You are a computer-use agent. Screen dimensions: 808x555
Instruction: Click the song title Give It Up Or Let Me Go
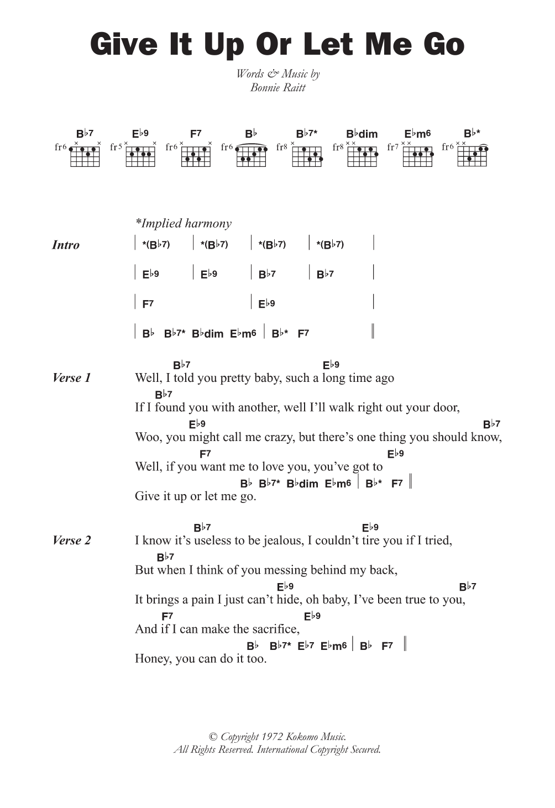277,45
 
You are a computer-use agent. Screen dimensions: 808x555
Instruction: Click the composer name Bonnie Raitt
277,87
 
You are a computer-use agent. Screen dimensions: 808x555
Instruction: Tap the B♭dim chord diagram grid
363,157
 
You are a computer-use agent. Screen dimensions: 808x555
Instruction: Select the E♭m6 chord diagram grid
418,157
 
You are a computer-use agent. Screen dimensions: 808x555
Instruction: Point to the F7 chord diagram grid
196,157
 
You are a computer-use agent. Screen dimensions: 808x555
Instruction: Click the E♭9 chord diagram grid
140,157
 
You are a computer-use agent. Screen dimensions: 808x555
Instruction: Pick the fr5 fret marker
116,147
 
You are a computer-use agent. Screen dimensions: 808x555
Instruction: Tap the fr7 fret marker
393,147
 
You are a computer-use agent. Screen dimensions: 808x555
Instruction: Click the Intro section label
66,245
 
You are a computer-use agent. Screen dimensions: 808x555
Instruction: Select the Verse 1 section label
71,378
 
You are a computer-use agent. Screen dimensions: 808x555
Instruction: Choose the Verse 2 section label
71,541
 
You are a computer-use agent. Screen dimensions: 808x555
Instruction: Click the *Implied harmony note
184,223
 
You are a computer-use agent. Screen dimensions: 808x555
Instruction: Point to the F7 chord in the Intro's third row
148,303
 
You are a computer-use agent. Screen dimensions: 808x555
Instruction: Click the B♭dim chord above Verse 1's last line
302,484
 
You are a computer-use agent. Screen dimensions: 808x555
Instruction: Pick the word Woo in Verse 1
147,437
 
